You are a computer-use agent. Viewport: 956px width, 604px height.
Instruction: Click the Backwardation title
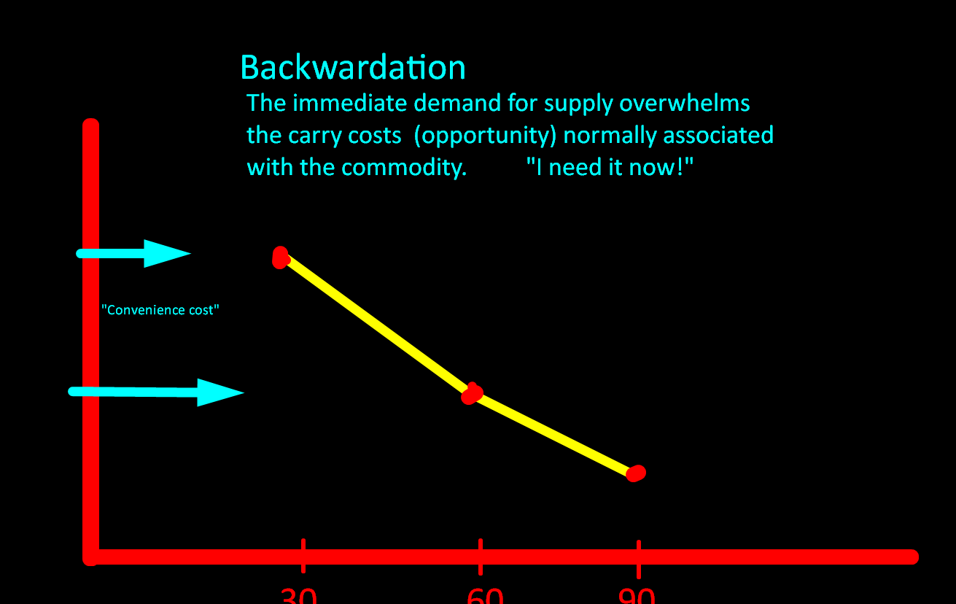click(352, 68)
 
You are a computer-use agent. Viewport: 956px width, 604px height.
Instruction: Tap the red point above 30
click(280, 258)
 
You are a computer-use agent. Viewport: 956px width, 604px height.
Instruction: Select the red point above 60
click(473, 394)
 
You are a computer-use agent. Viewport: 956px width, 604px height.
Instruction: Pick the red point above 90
click(637, 473)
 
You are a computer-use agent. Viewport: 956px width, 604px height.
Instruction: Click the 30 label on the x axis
click(299, 595)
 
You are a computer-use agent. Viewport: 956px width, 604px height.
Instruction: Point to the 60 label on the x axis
click(485, 595)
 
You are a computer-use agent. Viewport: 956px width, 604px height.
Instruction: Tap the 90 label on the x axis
click(637, 595)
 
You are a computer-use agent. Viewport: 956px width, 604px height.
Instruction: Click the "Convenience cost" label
click(160, 310)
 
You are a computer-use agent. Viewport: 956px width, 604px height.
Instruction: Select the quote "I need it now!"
click(609, 168)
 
